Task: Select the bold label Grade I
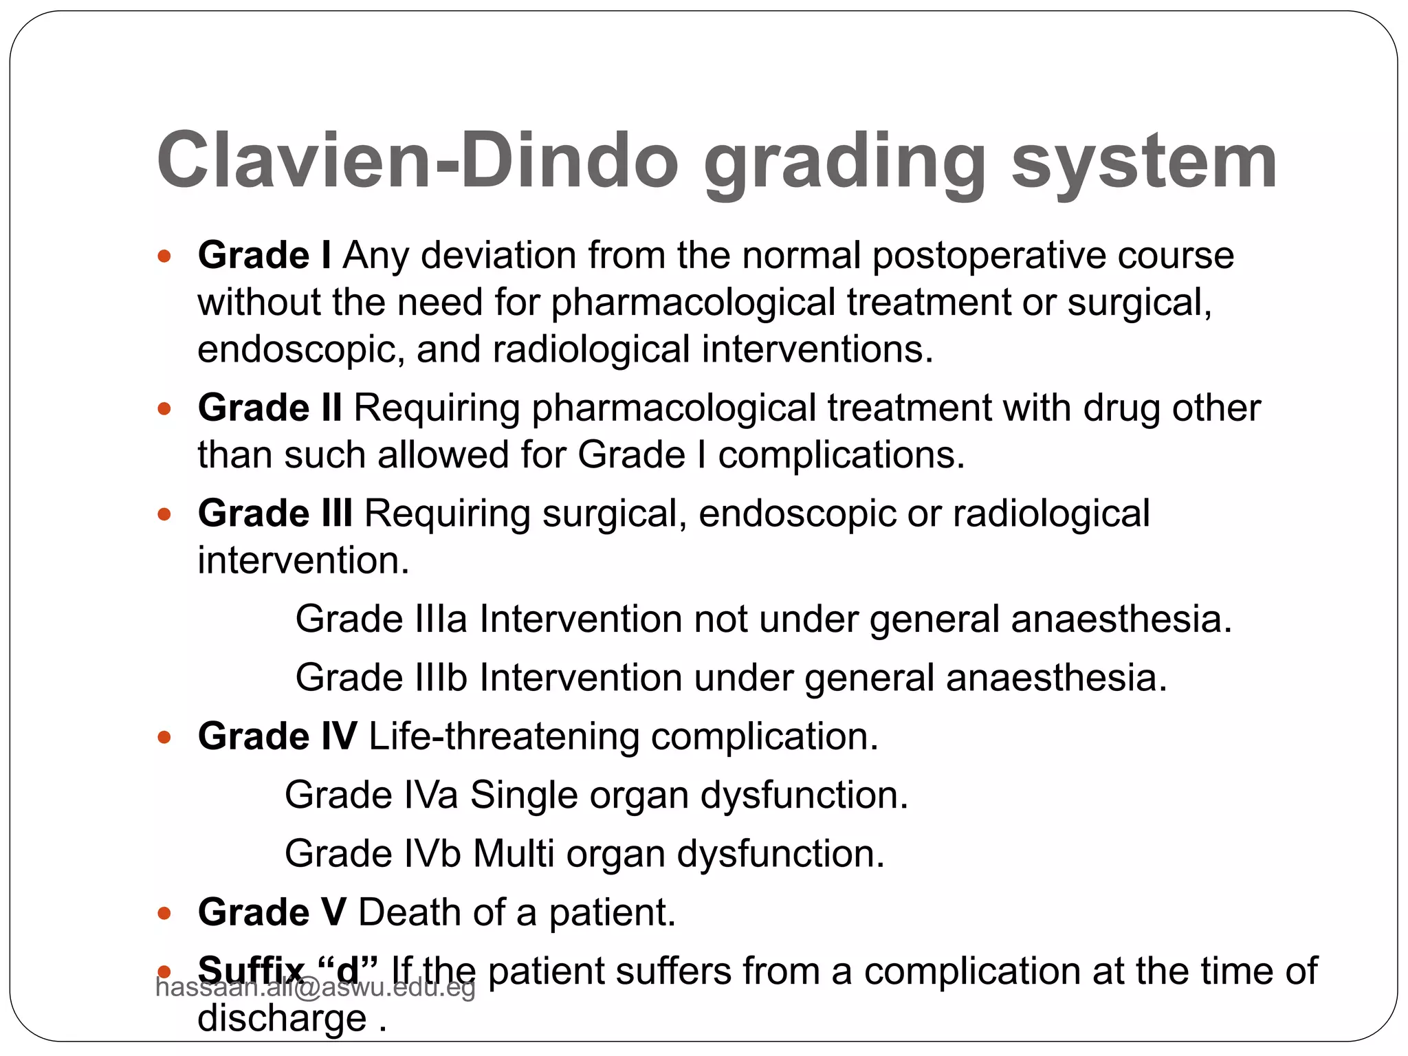pyautogui.click(x=264, y=256)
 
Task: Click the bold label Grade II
pyautogui.click(x=269, y=408)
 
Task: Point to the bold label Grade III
pyautogui.click(x=275, y=514)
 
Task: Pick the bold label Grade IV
pyautogui.click(x=277, y=736)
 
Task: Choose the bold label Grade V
pyautogui.click(x=272, y=912)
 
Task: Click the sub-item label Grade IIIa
pyautogui.click(x=382, y=619)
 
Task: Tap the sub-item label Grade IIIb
pyautogui.click(x=382, y=677)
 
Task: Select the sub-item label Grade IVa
pyautogui.click(x=371, y=795)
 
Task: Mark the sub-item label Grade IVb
pyautogui.click(x=372, y=853)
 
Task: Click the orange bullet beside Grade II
pyautogui.click(x=164, y=409)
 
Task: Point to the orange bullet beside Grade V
pyautogui.click(x=164, y=914)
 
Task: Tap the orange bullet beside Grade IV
pyautogui.click(x=164, y=738)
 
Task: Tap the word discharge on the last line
pyautogui.click(x=282, y=1018)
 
